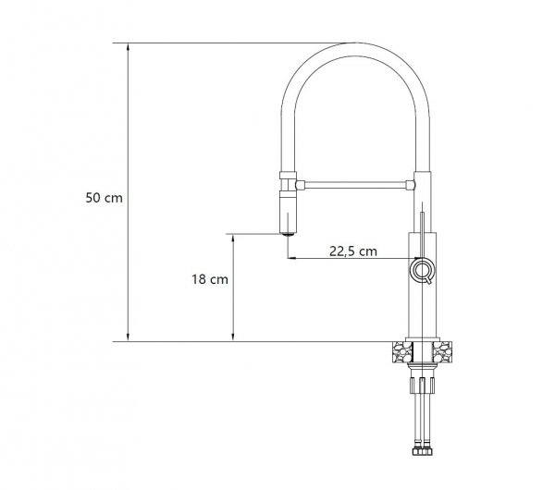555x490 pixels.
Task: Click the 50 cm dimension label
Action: [104, 198]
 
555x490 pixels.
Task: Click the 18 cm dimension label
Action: [210, 279]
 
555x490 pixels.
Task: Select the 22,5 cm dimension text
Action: [353, 251]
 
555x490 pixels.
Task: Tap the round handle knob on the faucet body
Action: [422, 270]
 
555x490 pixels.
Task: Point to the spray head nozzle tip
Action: [288, 234]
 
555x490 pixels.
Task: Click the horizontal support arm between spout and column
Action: [356, 185]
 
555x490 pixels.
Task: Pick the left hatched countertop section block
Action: [402, 351]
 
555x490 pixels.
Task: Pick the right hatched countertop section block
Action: [442, 351]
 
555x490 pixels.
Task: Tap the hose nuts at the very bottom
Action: [423, 451]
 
